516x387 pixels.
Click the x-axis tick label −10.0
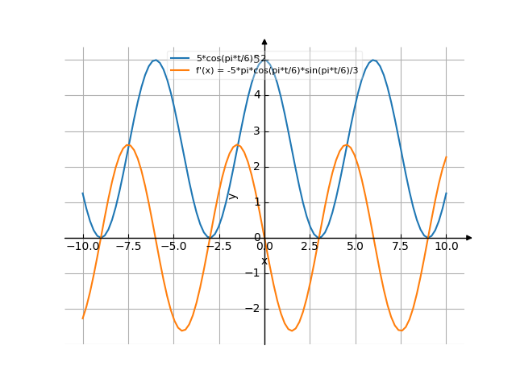pyautogui.click(x=82, y=246)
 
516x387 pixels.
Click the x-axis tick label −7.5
pyautogui.click(x=127, y=246)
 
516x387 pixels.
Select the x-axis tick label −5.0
pyautogui.click(x=173, y=246)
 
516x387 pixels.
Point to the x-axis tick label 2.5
pyautogui.click(x=310, y=246)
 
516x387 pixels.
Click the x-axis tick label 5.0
pyautogui.click(x=355, y=246)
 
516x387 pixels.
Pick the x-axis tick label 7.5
pyautogui.click(x=400, y=246)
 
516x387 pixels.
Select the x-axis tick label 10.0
pyautogui.click(x=446, y=246)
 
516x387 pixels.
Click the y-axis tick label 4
pyautogui.click(x=256, y=95)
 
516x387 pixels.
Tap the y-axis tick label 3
pyautogui.click(x=256, y=131)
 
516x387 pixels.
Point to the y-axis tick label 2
pyautogui.click(x=256, y=166)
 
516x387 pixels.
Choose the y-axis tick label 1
pyautogui.click(x=256, y=202)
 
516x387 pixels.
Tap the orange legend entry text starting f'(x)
pyautogui.click(x=277, y=70)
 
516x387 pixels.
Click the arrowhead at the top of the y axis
pyautogui.click(x=264, y=41)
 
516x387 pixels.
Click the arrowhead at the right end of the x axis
pyautogui.click(x=468, y=238)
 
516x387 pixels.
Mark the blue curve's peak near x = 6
pyautogui.click(x=373, y=60)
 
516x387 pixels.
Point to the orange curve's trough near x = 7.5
pyautogui.click(x=401, y=331)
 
